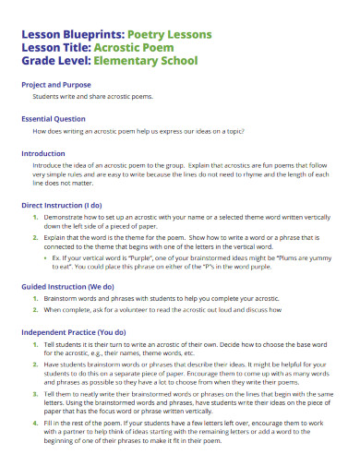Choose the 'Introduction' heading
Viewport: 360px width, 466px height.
[43, 153]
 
